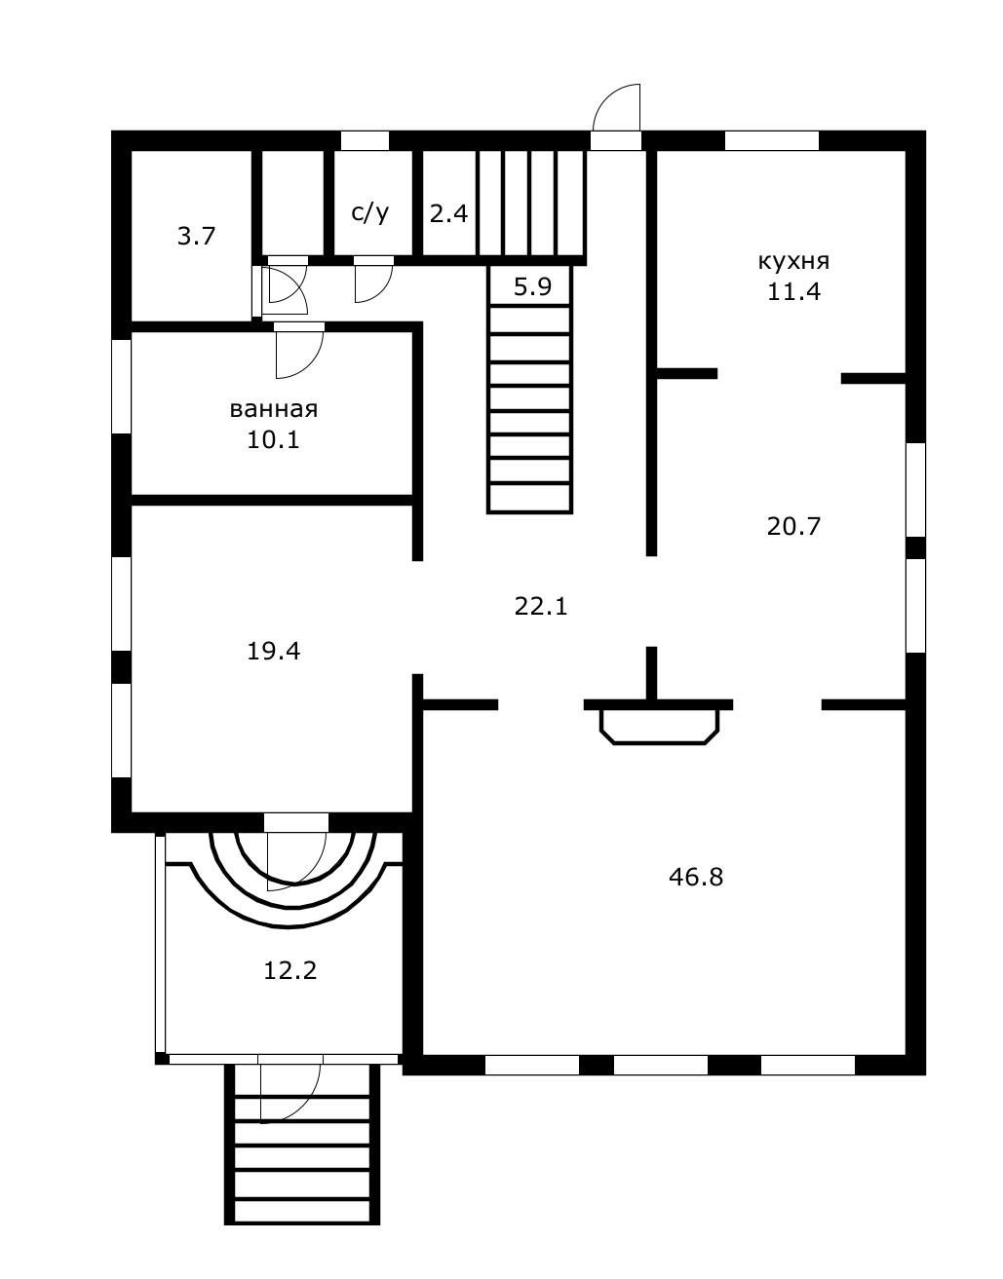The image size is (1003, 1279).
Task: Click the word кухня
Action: pos(793,261)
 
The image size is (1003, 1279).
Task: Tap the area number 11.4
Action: pos(793,292)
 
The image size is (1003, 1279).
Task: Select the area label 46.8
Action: pos(696,878)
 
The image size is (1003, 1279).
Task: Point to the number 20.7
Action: pos(793,526)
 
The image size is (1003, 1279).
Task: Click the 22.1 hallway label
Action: pos(541,606)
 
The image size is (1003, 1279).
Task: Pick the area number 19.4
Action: pos(273,652)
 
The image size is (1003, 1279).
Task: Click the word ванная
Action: pos(273,409)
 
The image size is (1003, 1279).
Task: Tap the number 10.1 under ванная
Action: pos(273,439)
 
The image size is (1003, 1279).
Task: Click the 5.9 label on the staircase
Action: pos(532,286)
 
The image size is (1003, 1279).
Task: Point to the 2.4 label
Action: pos(448,213)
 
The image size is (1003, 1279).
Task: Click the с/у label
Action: pos(369,213)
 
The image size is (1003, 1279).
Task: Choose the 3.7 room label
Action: pos(196,237)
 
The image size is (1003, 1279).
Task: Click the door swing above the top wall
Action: pos(616,107)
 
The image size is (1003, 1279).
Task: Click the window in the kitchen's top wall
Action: pos(772,140)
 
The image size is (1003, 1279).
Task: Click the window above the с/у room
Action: pos(366,140)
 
